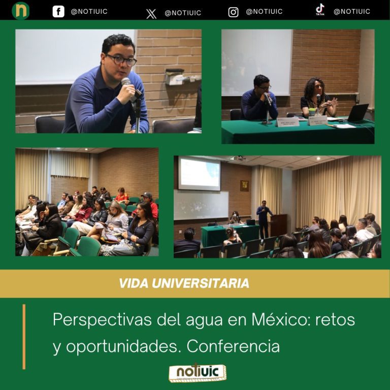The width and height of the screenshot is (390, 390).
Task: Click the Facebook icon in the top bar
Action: pos(58,12)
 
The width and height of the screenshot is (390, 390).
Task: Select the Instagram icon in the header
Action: pos(233,12)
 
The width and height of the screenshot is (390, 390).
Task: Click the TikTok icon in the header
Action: pos(320,10)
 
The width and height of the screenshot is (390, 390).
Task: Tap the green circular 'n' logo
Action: pos(21,11)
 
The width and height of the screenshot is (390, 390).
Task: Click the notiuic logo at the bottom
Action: pos(198,372)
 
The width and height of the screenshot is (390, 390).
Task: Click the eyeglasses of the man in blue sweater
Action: pos(121,60)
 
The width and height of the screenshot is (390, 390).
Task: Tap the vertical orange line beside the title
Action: pos(24,336)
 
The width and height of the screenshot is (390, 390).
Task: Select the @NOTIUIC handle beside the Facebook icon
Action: pos(89,12)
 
